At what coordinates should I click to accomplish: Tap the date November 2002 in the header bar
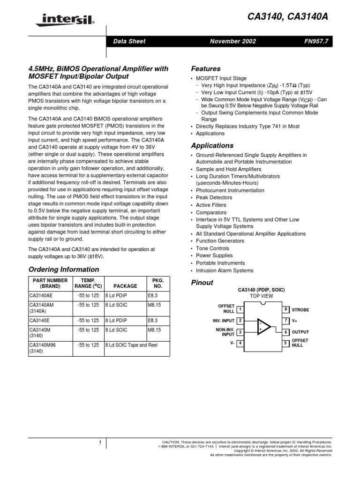pos(233,41)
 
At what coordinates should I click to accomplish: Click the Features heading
pos(206,68)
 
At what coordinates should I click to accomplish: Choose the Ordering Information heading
pos(64,270)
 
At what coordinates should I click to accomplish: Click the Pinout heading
pos(202,283)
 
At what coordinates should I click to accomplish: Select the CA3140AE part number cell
pos(41,296)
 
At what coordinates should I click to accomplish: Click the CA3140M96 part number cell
pos(45,345)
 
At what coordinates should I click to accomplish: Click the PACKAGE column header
pos(125,286)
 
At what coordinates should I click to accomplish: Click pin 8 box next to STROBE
pos(285,309)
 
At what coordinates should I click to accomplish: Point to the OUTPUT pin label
pos(300,332)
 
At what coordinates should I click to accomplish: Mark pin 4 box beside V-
pos(240,343)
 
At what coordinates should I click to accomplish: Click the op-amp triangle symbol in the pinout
pos(263,326)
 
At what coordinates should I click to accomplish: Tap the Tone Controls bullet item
pos(212,248)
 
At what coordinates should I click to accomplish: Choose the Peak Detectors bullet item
pos(214,198)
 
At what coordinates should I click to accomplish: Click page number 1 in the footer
pos(100,442)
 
